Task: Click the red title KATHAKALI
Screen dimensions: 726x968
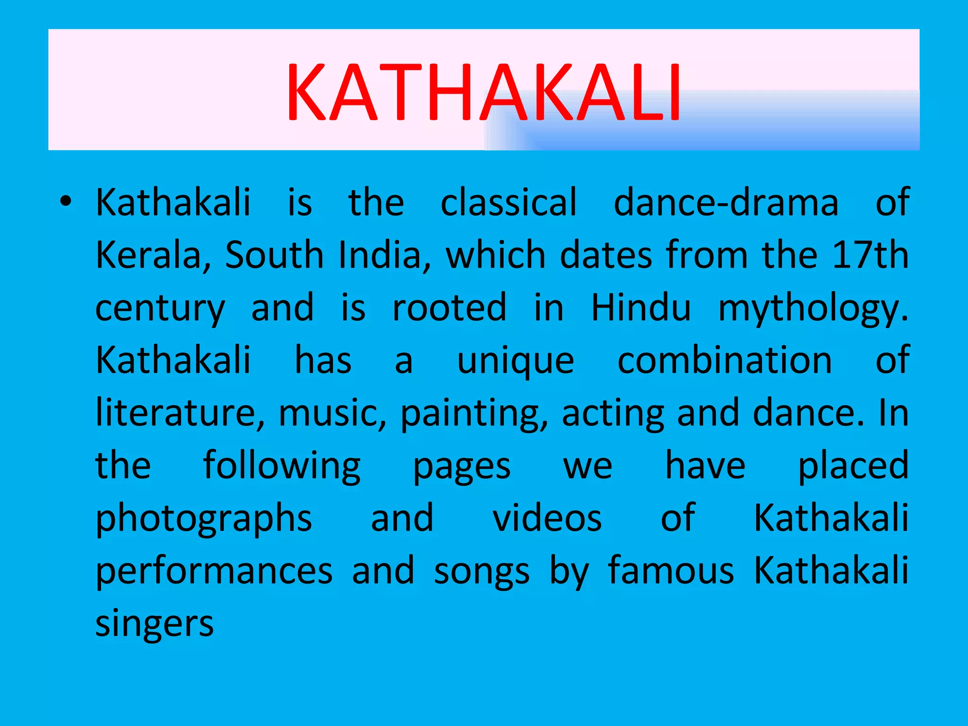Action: (x=483, y=93)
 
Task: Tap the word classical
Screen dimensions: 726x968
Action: (x=509, y=202)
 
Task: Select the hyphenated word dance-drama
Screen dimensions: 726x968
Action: (x=726, y=202)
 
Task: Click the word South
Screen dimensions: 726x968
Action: (x=274, y=255)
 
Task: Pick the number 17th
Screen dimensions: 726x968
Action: (x=870, y=255)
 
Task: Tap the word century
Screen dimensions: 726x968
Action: (x=160, y=308)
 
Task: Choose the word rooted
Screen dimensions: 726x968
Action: (x=449, y=308)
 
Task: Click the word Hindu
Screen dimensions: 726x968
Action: (x=640, y=308)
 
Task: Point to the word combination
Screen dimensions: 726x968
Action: (x=725, y=360)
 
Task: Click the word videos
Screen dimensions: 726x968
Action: (x=547, y=519)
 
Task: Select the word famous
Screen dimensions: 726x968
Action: (x=671, y=571)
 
